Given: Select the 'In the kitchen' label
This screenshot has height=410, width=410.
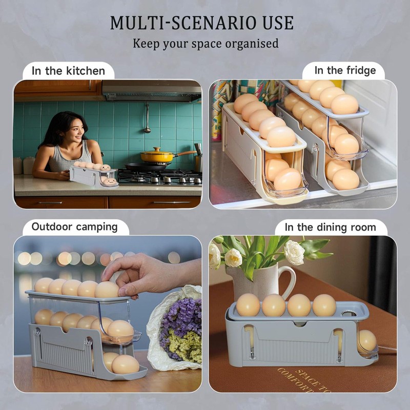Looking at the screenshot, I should coord(68,71).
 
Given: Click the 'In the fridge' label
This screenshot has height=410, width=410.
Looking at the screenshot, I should coord(345,71).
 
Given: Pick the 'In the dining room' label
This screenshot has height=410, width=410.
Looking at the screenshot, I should coord(330,227).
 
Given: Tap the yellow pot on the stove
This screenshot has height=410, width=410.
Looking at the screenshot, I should coord(157,155).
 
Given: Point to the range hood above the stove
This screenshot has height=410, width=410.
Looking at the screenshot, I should coord(151,91).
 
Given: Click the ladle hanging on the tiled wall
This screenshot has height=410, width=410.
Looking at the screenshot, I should coord(148,118).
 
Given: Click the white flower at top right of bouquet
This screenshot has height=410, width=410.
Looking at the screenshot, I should coord(294,253).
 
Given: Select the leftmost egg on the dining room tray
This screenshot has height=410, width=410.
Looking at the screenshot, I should coord(248,305).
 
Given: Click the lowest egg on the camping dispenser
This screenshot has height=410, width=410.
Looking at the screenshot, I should coord(125,365).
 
